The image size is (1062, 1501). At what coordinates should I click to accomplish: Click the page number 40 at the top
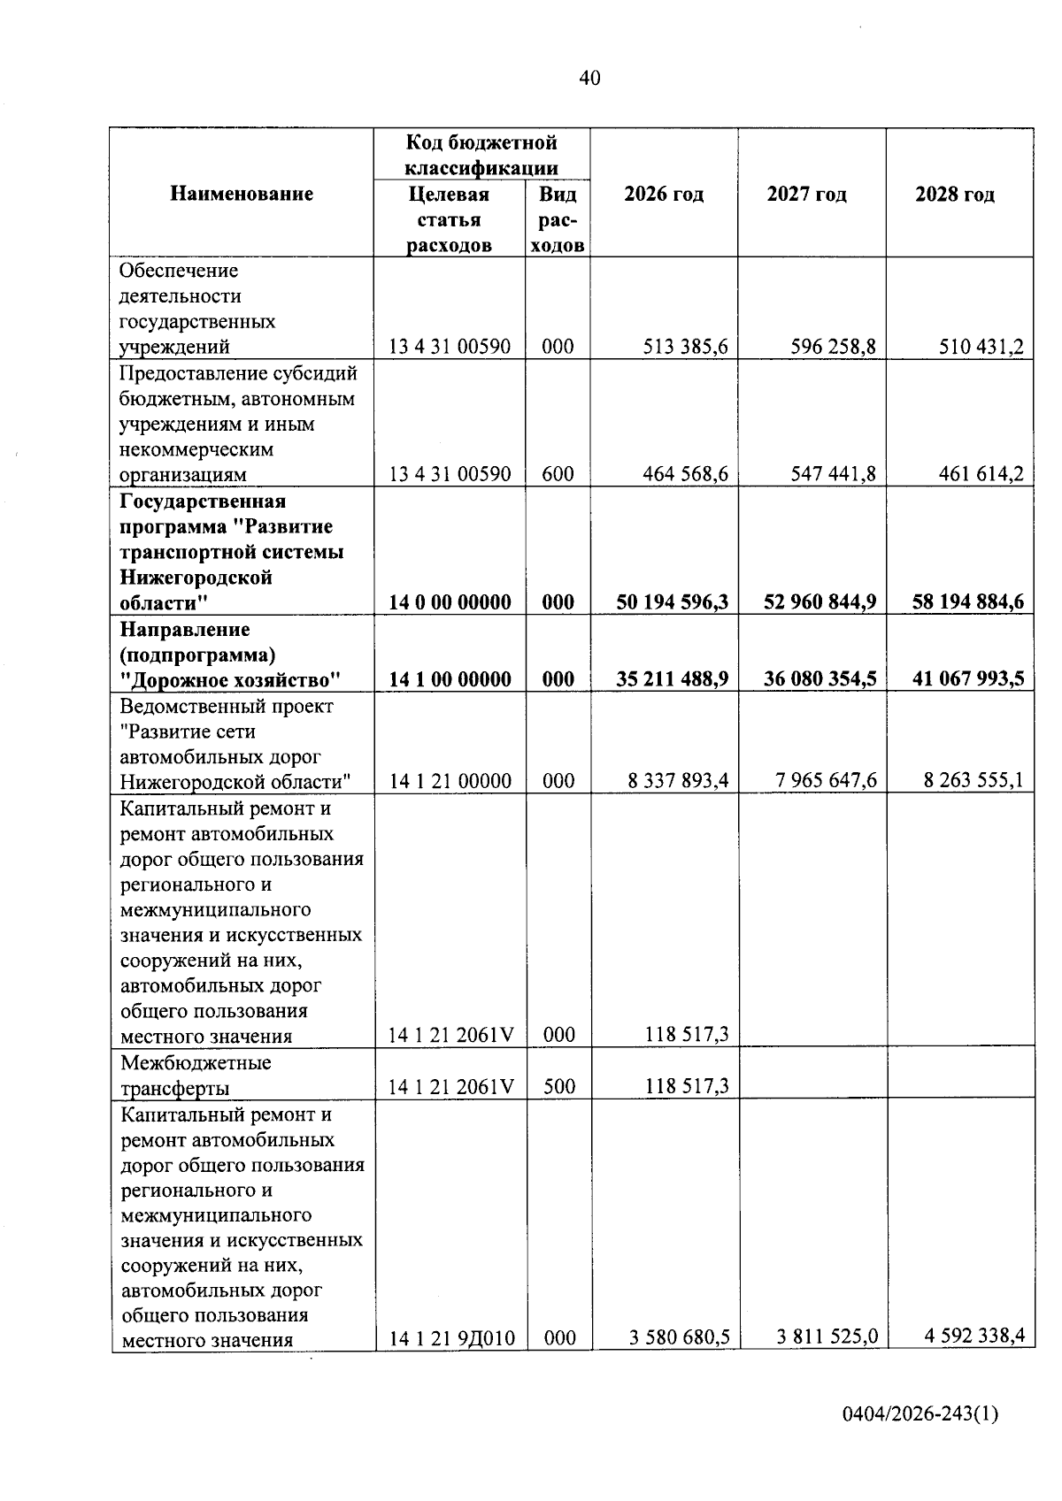[x=589, y=79]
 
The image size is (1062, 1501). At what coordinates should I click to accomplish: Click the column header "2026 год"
[x=664, y=195]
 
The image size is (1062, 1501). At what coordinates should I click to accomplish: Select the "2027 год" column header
[x=806, y=195]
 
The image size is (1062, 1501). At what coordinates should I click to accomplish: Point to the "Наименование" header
[x=242, y=195]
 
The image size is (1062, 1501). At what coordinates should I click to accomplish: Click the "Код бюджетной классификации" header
[x=481, y=155]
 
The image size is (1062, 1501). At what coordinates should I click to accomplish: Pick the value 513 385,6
[x=686, y=347]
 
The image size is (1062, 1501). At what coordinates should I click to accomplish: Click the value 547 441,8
[x=834, y=474]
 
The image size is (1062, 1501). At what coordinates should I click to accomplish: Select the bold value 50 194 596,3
[x=672, y=602]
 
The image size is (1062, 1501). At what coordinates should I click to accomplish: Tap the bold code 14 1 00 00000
[x=450, y=679]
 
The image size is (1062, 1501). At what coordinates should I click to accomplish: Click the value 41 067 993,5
[x=968, y=679]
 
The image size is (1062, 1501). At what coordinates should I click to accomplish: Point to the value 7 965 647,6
[x=825, y=781]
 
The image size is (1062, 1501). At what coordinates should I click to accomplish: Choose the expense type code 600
[x=558, y=474]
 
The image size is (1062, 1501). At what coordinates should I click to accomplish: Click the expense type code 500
[x=558, y=1086]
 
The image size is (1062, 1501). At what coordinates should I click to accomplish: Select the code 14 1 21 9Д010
[x=451, y=1338]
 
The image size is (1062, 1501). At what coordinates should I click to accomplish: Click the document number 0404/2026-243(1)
[x=920, y=1414]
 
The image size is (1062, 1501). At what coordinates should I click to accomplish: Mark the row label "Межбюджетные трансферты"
[x=196, y=1075]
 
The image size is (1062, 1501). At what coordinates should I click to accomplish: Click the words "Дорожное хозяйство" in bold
[x=231, y=680]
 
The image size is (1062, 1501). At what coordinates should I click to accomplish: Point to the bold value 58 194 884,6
[x=968, y=602]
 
